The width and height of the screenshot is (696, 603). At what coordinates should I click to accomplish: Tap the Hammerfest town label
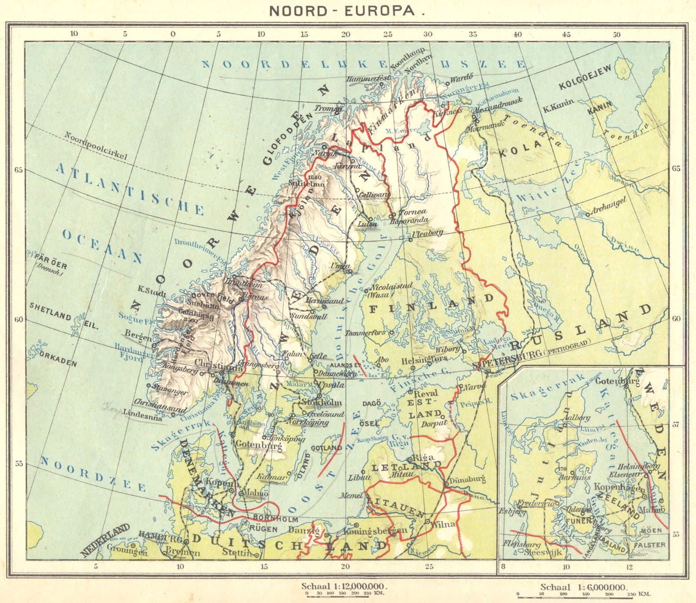click(368, 79)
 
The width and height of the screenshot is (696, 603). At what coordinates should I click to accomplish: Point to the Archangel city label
click(609, 206)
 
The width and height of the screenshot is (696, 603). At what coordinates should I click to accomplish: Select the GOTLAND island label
click(327, 448)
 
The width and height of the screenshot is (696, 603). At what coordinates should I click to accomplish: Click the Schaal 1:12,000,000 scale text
click(343, 586)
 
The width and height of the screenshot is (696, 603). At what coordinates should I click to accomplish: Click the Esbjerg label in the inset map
click(514, 512)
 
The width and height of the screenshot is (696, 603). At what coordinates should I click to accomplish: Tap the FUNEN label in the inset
click(578, 520)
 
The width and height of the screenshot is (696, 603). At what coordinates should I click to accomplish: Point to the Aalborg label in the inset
click(577, 418)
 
